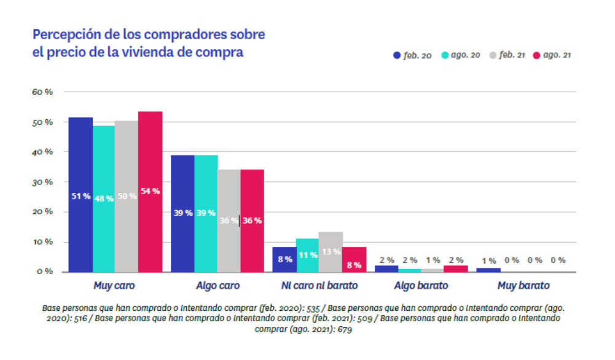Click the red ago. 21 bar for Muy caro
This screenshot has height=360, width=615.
tap(150, 191)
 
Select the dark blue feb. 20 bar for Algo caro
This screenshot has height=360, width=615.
tap(182, 213)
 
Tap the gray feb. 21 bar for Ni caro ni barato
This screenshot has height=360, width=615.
tap(331, 251)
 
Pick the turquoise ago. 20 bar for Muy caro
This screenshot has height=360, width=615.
tap(104, 198)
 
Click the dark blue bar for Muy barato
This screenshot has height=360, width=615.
tap(488, 270)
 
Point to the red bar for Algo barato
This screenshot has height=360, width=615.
tap(455, 268)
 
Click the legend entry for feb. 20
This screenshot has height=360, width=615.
tap(412, 55)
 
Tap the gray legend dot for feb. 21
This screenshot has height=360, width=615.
tap(493, 55)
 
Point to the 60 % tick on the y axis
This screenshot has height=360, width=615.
tap(43, 92)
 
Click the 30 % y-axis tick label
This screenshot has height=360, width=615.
tap(43, 182)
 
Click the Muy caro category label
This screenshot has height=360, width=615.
tap(114, 286)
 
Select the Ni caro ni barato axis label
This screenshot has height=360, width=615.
tap(319, 286)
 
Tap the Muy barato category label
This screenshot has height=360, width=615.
tap(523, 286)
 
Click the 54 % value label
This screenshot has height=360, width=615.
tap(149, 191)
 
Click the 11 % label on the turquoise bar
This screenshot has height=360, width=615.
tap(307, 254)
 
